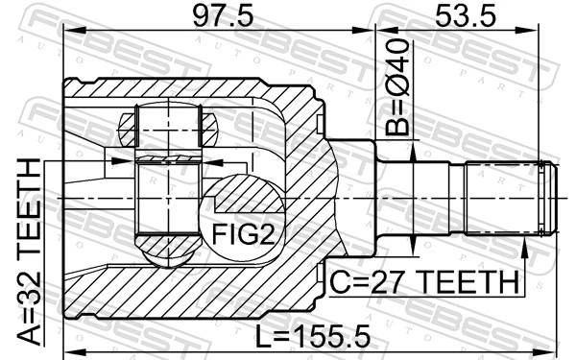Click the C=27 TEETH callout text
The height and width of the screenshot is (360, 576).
point(423,283)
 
